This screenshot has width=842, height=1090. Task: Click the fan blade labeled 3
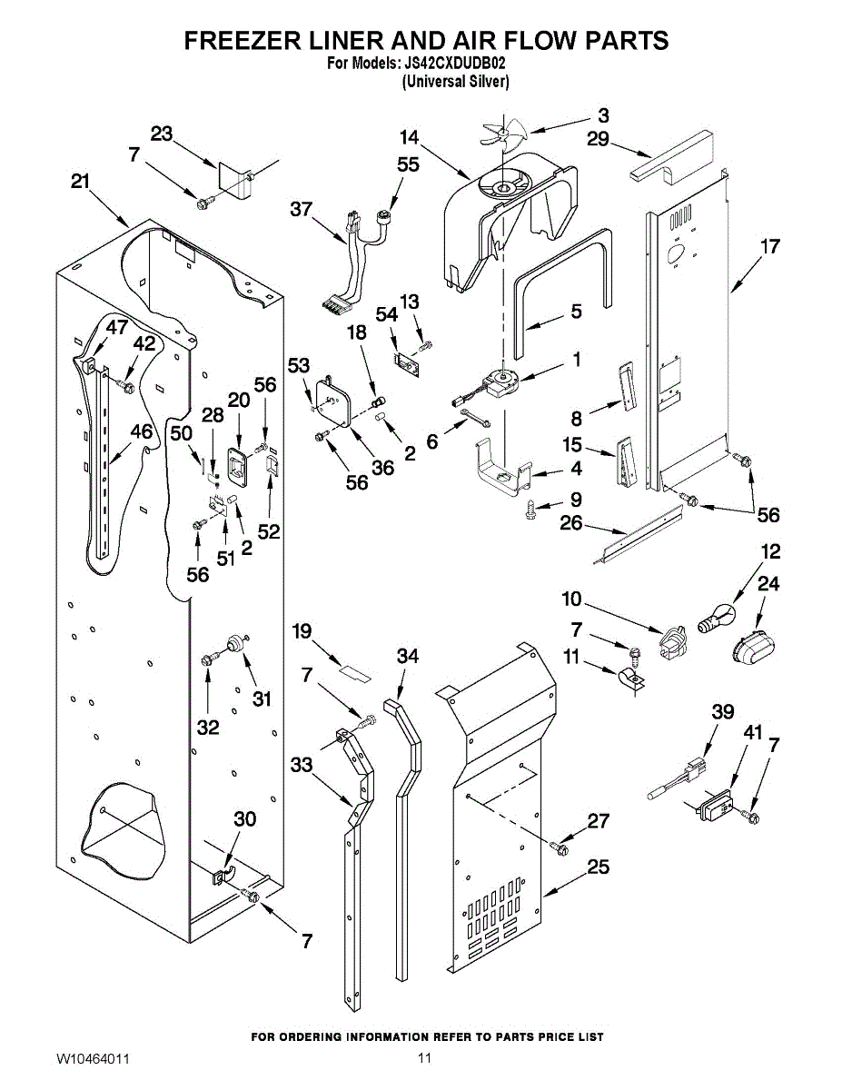(x=499, y=134)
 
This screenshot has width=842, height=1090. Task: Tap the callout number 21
(x=80, y=182)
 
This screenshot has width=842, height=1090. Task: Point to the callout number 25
(x=598, y=867)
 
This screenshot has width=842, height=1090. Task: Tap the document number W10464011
(x=93, y=1059)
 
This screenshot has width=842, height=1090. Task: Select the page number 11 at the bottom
(x=424, y=1059)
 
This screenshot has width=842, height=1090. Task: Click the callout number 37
(x=301, y=209)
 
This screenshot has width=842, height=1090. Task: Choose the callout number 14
(x=409, y=138)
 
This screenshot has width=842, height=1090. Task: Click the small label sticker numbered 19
(x=353, y=670)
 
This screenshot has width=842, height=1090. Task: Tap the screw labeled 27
(x=559, y=847)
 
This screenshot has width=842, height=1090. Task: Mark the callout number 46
(x=142, y=431)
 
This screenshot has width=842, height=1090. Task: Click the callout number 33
(x=302, y=765)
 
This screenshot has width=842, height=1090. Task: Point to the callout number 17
(x=769, y=245)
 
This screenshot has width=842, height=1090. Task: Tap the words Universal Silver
(x=455, y=81)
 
